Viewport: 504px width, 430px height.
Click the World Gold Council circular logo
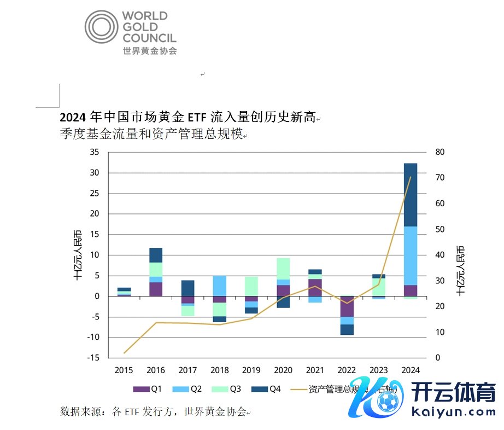click(x=101, y=26)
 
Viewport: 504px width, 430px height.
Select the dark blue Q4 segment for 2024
click(x=411, y=195)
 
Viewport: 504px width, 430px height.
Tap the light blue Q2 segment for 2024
click(x=411, y=255)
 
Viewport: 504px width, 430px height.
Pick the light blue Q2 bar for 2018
click(x=219, y=286)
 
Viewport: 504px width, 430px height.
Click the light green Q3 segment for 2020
click(x=283, y=269)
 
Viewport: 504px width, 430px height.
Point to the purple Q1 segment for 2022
click(x=347, y=306)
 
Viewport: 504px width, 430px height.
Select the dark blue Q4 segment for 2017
click(x=188, y=288)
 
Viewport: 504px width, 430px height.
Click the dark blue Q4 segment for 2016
click(x=156, y=255)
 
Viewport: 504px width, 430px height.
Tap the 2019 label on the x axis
click(x=251, y=370)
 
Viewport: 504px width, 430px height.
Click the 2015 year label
click(x=124, y=370)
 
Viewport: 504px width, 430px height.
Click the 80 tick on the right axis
click(x=441, y=152)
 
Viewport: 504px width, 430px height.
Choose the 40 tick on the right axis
click(x=441, y=255)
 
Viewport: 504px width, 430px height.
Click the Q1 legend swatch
click(x=142, y=389)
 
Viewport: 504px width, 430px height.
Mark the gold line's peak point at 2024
click(x=411, y=177)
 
